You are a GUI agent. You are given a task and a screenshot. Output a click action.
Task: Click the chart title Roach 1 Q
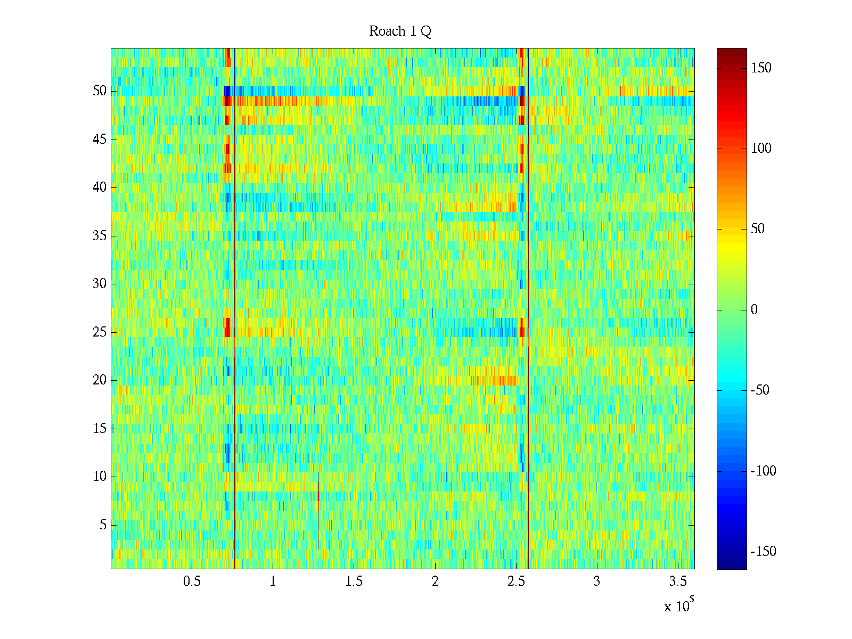click(400, 31)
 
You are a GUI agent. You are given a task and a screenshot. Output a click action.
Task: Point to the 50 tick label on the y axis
click(100, 91)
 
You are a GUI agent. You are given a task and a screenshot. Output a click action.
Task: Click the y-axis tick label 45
click(100, 140)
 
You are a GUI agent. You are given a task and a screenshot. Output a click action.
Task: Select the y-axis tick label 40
click(100, 187)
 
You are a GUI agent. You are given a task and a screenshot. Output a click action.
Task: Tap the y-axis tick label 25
click(100, 332)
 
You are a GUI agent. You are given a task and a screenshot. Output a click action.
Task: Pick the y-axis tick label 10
click(100, 477)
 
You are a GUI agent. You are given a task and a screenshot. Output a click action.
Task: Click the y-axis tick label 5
click(103, 525)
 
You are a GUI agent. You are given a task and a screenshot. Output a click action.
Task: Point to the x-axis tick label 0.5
click(192, 581)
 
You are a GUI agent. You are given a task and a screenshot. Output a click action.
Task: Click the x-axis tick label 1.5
click(354, 581)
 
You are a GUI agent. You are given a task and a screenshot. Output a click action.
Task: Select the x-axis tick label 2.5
click(516, 581)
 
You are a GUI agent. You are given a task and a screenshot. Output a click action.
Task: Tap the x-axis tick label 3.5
click(678, 581)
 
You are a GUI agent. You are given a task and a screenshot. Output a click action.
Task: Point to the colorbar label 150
click(761, 68)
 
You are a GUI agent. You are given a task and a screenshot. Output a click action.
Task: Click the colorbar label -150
click(763, 552)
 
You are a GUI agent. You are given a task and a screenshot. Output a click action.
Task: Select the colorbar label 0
click(754, 310)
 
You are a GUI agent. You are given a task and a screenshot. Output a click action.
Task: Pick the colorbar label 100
click(761, 149)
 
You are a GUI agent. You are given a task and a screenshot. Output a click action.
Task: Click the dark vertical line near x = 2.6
click(528, 319)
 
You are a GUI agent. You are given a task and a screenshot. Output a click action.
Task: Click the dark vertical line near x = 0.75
click(235, 319)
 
